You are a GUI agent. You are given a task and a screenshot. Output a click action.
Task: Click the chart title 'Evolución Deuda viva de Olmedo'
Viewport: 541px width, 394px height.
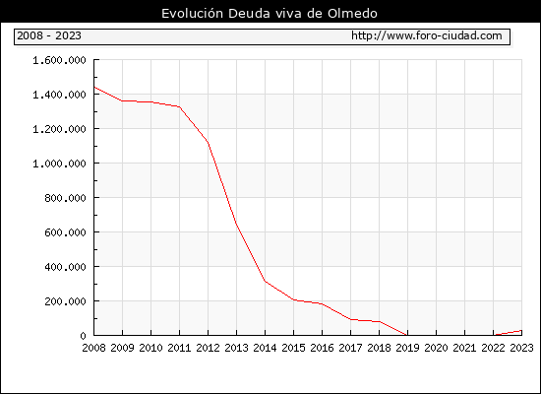click(270, 14)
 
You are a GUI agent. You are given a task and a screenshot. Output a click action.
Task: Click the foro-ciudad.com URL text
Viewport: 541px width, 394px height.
click(427, 35)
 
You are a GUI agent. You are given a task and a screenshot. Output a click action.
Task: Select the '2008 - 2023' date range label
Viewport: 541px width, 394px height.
click(49, 35)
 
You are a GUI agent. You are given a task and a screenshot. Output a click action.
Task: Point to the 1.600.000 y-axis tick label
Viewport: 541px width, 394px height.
click(59, 60)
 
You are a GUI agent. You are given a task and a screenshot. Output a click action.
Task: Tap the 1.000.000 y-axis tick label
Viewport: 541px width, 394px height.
click(59, 164)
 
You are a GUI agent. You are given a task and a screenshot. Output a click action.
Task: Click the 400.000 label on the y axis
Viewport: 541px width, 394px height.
click(65, 267)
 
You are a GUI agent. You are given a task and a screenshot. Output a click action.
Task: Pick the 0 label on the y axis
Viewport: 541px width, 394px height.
click(83, 336)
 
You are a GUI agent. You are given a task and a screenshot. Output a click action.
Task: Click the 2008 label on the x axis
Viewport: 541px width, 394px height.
click(93, 348)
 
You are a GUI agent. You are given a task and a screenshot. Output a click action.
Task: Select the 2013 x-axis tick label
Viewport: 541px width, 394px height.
click(236, 348)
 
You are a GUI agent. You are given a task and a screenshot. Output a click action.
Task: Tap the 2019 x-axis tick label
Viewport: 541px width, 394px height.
click(407, 348)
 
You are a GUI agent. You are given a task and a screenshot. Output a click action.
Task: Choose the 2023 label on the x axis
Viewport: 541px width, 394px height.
click(521, 348)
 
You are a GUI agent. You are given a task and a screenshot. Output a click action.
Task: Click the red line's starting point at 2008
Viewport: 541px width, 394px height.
click(94, 87)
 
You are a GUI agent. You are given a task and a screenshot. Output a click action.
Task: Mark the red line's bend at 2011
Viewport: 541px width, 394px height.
click(179, 106)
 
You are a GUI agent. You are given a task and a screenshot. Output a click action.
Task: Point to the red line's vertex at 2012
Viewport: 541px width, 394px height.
click(209, 142)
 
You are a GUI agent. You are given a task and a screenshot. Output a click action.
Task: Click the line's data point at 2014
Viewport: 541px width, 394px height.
click(265, 281)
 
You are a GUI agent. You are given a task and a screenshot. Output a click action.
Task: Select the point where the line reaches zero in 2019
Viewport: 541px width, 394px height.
click(407, 335)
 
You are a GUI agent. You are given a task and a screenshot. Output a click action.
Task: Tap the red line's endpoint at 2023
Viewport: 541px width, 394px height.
click(521, 330)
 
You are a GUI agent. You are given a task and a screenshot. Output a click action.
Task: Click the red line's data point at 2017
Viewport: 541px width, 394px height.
click(350, 319)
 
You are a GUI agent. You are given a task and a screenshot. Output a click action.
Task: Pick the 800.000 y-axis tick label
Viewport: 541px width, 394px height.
click(65, 198)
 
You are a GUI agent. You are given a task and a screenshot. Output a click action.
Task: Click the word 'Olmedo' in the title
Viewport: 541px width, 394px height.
click(352, 14)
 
